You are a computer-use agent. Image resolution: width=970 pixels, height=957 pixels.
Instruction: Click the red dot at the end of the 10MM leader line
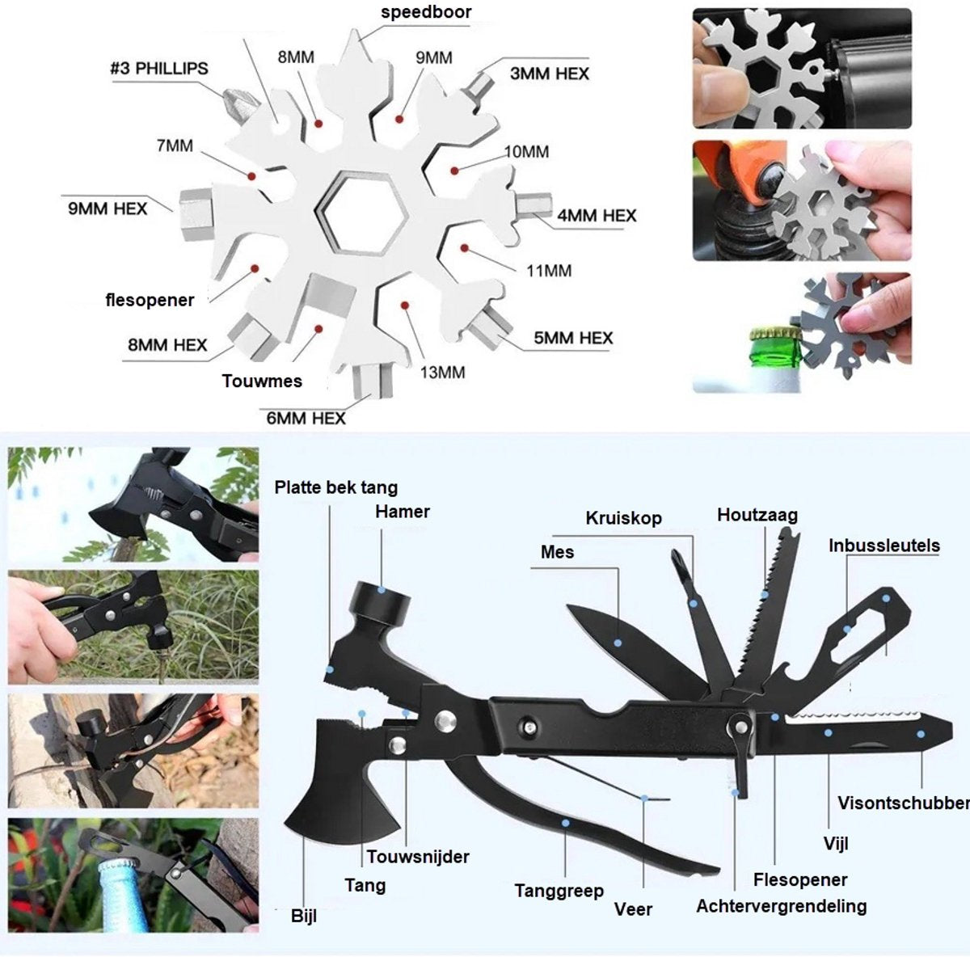(x=454, y=171)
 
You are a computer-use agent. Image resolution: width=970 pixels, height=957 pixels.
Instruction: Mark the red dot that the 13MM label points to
(x=404, y=305)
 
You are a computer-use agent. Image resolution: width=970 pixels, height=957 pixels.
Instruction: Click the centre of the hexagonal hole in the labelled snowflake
(x=364, y=213)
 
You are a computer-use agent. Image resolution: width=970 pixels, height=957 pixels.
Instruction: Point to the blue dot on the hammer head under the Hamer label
(x=382, y=589)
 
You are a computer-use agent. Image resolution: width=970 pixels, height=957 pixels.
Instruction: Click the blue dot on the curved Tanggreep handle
(x=565, y=823)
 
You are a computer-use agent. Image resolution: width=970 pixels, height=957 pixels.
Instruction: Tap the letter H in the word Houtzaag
(x=723, y=515)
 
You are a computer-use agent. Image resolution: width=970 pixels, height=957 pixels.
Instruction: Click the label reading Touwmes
(x=262, y=381)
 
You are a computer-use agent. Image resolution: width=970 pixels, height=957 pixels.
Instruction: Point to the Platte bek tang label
(x=335, y=487)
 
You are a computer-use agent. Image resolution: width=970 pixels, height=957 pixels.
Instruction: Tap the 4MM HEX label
(x=597, y=216)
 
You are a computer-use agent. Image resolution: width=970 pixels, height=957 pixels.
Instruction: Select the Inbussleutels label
(x=884, y=546)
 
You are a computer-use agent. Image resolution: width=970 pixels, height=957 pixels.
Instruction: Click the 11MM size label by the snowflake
(x=549, y=271)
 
